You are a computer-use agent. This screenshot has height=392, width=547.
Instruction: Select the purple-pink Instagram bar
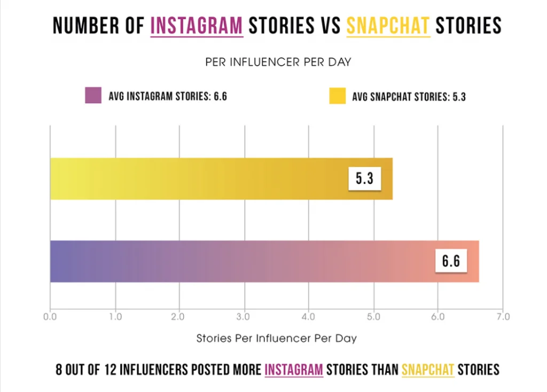[240, 261]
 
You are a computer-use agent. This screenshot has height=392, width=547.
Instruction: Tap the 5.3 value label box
[364, 178]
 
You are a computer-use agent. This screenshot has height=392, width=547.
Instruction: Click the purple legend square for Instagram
[93, 96]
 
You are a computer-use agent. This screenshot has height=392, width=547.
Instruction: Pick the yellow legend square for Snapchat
[337, 96]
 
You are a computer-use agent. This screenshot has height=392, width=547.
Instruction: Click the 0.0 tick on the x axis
[50, 317]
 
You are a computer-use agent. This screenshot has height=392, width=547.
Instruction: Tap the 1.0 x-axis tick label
[115, 317]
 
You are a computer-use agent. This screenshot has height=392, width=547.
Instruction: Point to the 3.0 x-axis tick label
[244, 317]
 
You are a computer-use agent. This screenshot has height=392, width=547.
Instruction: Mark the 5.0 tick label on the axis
[373, 317]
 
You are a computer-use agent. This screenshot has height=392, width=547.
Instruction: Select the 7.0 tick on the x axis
[503, 317]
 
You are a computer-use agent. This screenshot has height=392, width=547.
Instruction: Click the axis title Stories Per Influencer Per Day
[276, 338]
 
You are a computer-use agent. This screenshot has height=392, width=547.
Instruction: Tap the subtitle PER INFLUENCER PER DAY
[278, 62]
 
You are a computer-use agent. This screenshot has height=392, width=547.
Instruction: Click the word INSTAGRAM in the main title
[197, 26]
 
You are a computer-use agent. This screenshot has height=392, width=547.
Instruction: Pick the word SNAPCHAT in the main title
[388, 26]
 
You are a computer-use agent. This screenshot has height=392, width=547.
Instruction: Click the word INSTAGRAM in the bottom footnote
[294, 369]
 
